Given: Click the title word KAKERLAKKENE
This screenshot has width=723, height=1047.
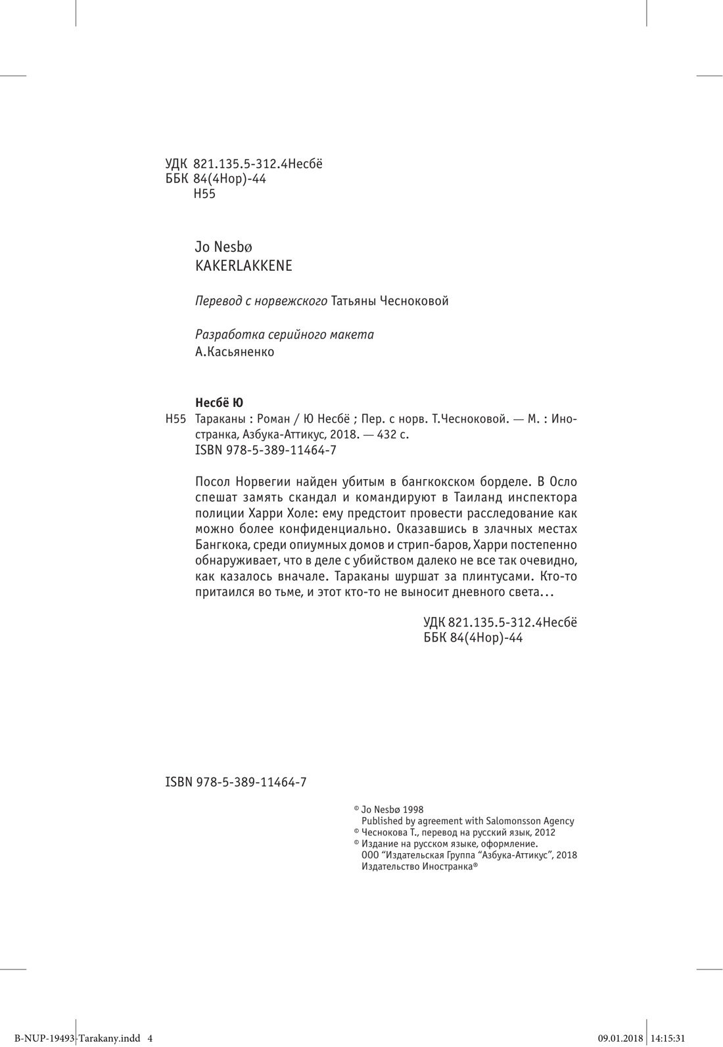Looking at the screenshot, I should [244, 266].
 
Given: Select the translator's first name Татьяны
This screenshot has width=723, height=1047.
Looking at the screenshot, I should [356, 301].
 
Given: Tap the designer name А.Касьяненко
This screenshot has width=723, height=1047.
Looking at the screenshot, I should [235, 352].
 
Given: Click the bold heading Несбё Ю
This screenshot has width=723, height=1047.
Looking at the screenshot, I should [220, 402].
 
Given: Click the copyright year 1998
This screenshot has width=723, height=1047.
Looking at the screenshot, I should [413, 810].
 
